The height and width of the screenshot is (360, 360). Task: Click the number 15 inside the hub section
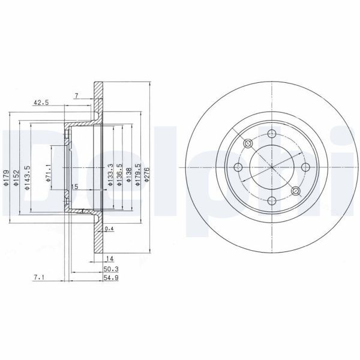[74, 187]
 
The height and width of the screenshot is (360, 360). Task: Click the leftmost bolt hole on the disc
[238, 167]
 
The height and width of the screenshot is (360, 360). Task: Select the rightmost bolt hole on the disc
[305, 167]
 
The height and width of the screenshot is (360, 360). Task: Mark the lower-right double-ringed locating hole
[295, 191]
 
